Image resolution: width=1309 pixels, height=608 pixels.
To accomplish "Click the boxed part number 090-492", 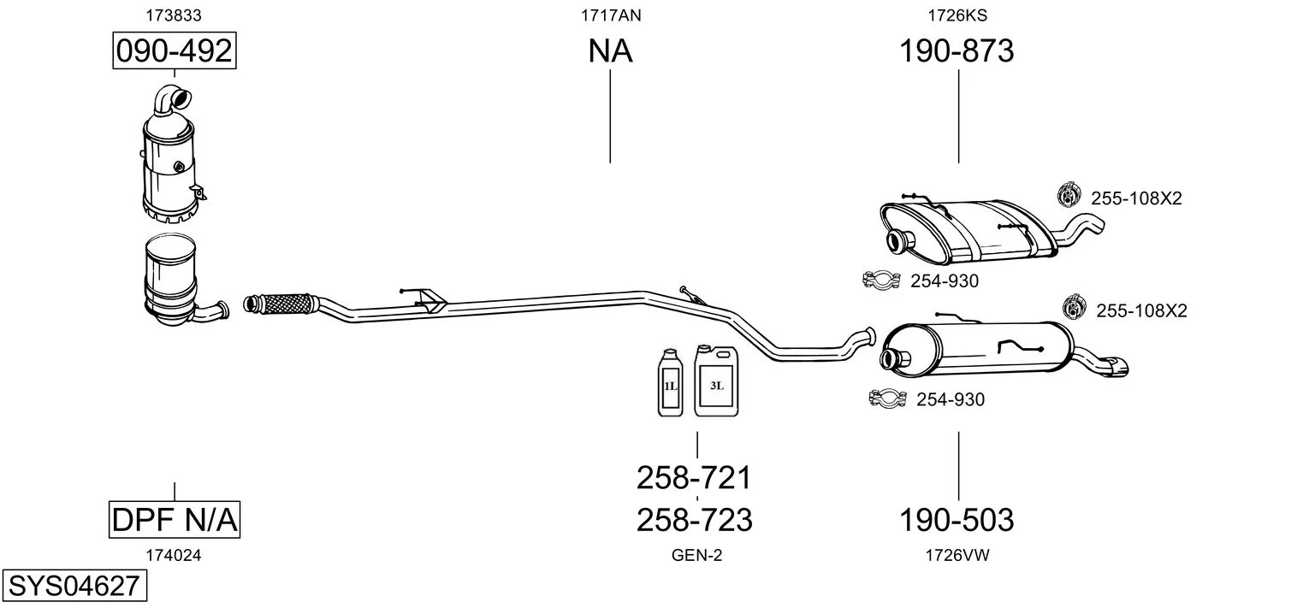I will pyautogui.click(x=174, y=51).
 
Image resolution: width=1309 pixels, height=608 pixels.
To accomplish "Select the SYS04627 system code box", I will pyautogui.click(x=74, y=587).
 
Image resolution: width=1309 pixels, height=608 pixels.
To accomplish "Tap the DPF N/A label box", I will pyautogui.click(x=175, y=519).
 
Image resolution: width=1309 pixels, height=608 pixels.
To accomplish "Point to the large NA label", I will pyautogui.click(x=610, y=51).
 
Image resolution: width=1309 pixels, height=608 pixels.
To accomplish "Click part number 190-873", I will pyautogui.click(x=957, y=51).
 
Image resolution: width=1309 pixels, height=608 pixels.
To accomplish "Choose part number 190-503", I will pyautogui.click(x=957, y=519).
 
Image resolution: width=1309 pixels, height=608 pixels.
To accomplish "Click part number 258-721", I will pyautogui.click(x=694, y=478).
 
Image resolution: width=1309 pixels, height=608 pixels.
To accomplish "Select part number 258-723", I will pyautogui.click(x=694, y=519).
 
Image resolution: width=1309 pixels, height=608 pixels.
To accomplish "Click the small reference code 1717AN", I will pyautogui.click(x=610, y=15).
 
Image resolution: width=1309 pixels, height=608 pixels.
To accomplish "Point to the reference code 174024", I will pyautogui.click(x=174, y=555).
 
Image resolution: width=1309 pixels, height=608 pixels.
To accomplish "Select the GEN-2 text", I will pyautogui.click(x=696, y=555).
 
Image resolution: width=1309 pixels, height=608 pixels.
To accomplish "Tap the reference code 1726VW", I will pyautogui.click(x=957, y=555).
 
